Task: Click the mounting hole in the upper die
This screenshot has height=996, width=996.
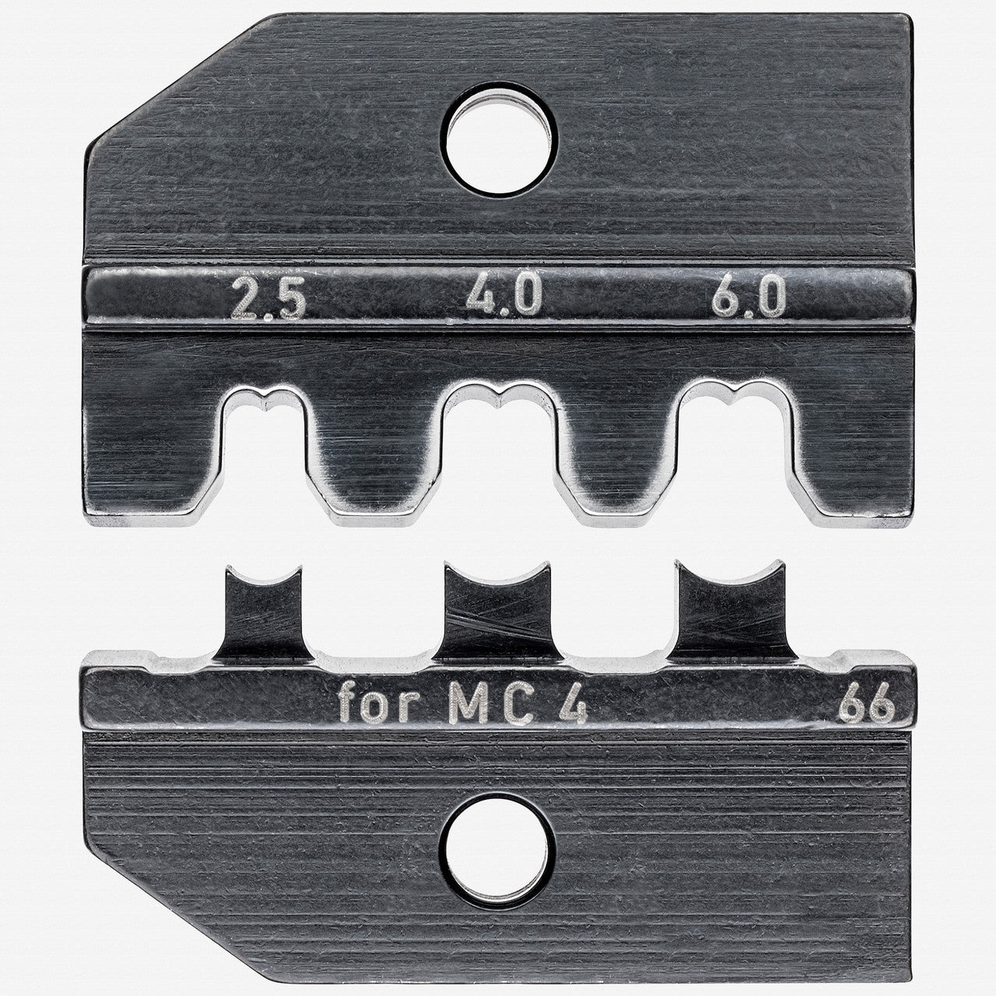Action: pos(502,148)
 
